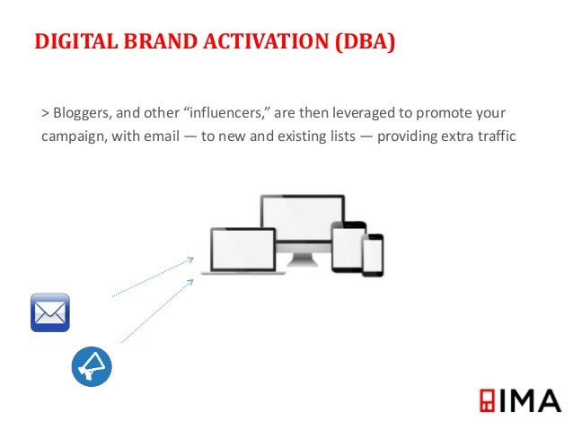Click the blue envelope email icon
(x=50, y=312)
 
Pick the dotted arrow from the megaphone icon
(x=157, y=311)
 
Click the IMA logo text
(x=529, y=400)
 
